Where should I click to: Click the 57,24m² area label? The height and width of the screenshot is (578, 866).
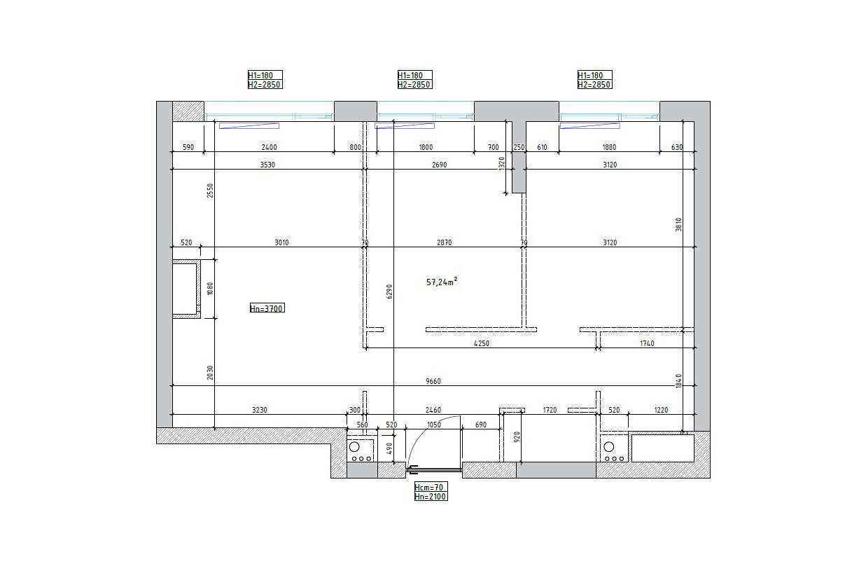click(442, 282)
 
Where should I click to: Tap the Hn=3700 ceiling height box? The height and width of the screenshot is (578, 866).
click(267, 308)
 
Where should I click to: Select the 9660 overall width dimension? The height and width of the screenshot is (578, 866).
click(433, 381)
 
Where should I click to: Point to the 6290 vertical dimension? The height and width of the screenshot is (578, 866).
click(389, 291)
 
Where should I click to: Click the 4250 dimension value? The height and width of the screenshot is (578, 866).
click(482, 343)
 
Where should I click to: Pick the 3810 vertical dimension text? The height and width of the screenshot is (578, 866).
click(678, 224)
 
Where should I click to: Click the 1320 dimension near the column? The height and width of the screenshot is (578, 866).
click(502, 163)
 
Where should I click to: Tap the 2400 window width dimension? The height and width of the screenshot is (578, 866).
click(269, 147)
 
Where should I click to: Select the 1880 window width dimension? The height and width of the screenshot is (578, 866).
click(609, 147)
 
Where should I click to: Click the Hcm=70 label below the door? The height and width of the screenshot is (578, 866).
click(428, 487)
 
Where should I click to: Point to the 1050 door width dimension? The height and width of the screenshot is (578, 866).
click(434, 425)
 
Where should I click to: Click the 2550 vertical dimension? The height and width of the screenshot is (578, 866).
click(210, 191)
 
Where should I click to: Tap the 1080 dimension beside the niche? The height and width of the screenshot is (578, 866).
click(210, 289)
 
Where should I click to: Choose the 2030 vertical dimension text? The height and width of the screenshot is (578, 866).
click(210, 373)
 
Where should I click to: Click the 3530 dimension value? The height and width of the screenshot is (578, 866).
click(267, 165)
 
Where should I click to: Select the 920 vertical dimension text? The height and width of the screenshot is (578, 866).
click(517, 436)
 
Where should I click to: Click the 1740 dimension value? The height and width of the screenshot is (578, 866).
click(647, 343)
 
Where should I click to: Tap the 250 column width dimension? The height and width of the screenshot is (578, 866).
click(519, 147)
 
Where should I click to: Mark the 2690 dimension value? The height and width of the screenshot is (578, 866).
click(439, 165)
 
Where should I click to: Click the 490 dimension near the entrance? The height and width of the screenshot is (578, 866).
click(389, 448)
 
